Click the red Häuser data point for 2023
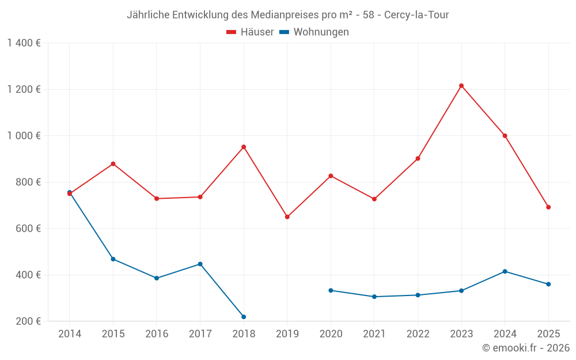pyautogui.click(x=461, y=86)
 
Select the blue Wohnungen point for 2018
pyautogui.click(x=244, y=317)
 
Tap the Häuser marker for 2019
pyautogui.click(x=287, y=217)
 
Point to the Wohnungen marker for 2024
pyautogui.click(x=505, y=271)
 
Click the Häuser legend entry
pyautogui.click(x=250, y=32)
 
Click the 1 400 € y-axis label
pyautogui.click(x=24, y=43)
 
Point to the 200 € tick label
pyautogui.click(x=28, y=321)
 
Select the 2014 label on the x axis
pyautogui.click(x=70, y=334)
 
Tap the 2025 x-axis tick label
pyautogui.click(x=548, y=334)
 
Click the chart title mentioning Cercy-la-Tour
pyautogui.click(x=287, y=15)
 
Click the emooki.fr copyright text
pyautogui.click(x=526, y=348)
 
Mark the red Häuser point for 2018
pyautogui.click(x=244, y=147)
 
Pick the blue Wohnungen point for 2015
pyautogui.click(x=113, y=259)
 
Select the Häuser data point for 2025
pyautogui.click(x=548, y=207)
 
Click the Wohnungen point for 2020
pyautogui.click(x=331, y=290)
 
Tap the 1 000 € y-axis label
pyautogui.click(x=24, y=136)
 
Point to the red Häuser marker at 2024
pyautogui.click(x=505, y=136)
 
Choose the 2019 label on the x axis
pyautogui.click(x=287, y=334)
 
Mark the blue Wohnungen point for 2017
pyautogui.click(x=200, y=264)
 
